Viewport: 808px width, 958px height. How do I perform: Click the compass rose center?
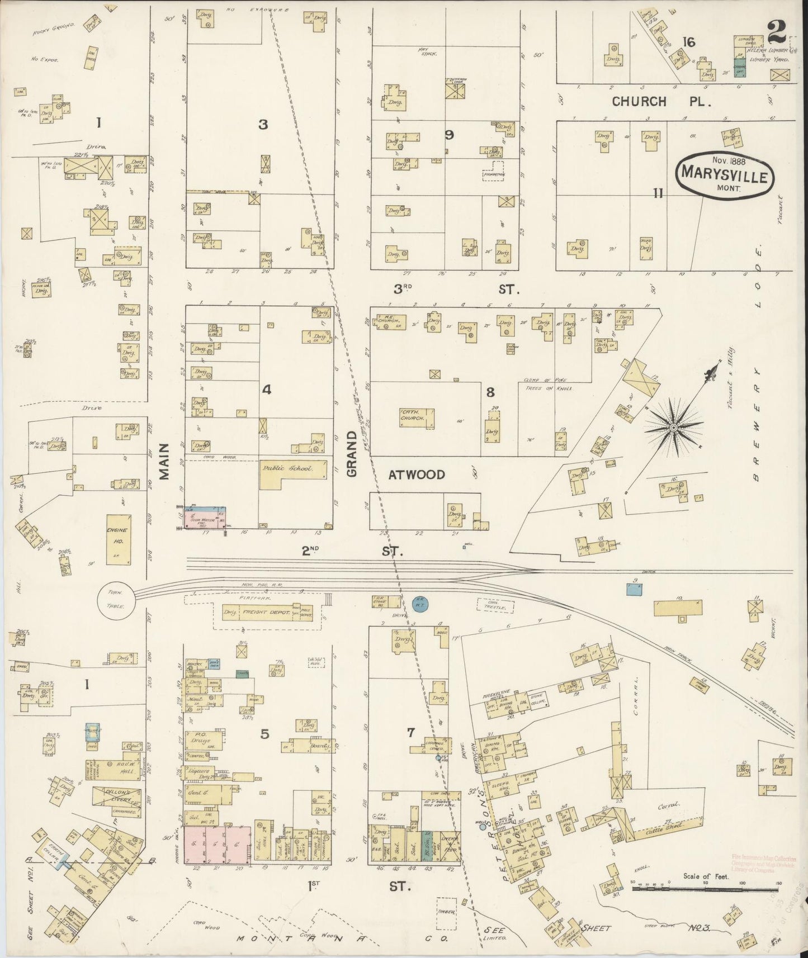coord(674,428)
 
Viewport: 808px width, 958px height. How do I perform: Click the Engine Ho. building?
coord(119,538)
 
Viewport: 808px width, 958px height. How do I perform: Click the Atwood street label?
coord(417,475)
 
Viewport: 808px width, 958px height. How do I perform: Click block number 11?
coord(658,193)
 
